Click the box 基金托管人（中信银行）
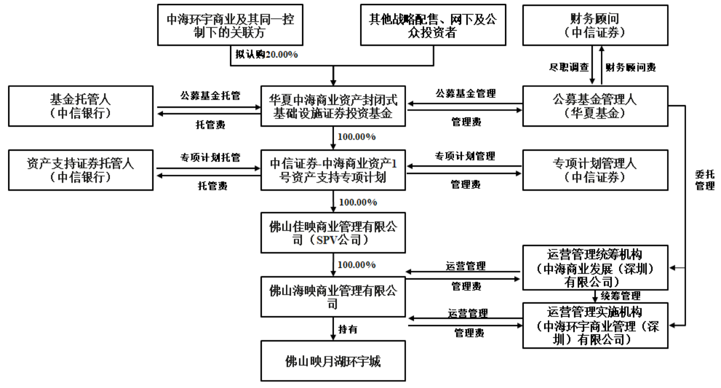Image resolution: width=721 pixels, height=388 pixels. (x=81, y=106)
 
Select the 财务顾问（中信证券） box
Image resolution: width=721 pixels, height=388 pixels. (x=595, y=25)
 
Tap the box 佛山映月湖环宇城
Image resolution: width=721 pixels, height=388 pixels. (x=333, y=361)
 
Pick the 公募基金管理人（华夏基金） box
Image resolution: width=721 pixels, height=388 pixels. (x=595, y=106)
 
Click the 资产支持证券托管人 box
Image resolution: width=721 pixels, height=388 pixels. (x=81, y=170)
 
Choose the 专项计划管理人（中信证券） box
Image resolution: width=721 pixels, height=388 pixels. (x=595, y=170)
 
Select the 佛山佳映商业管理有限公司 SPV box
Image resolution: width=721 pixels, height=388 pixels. (x=333, y=233)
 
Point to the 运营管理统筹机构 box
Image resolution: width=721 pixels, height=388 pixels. (x=595, y=268)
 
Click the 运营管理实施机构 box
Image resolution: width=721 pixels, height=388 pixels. (x=595, y=326)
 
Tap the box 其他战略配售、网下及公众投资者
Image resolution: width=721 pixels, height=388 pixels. (x=433, y=25)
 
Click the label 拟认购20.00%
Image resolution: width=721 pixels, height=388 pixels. (x=267, y=55)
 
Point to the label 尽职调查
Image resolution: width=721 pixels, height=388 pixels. (x=569, y=68)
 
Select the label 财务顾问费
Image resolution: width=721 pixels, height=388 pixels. (x=631, y=68)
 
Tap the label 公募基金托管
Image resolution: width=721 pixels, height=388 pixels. (x=210, y=96)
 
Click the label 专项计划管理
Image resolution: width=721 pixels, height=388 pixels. (x=465, y=156)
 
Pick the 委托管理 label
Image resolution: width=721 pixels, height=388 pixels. (x=705, y=180)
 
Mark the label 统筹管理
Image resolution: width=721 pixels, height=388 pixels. (x=621, y=296)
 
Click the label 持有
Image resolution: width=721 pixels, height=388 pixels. (x=348, y=329)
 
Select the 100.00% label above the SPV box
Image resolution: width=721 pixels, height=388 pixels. (x=358, y=202)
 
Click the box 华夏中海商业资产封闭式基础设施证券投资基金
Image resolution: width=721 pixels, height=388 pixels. (x=333, y=106)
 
